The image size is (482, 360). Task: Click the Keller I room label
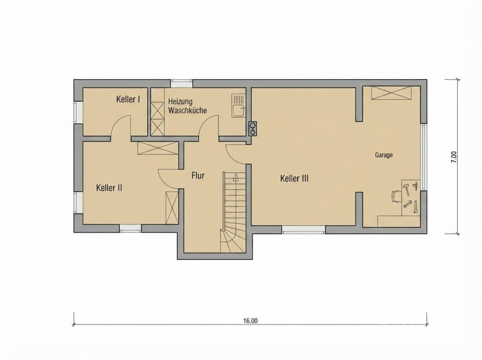click(x=128, y=99)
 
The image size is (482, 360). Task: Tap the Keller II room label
click(x=109, y=187)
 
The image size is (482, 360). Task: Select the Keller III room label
click(x=294, y=179)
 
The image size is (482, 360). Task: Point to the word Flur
click(x=198, y=176)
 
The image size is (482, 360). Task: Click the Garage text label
click(x=384, y=155)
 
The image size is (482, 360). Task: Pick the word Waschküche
click(x=187, y=111)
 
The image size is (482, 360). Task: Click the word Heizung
click(x=181, y=101)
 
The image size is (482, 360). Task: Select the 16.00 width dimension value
click(x=250, y=321)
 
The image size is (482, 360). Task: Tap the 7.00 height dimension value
click(x=454, y=157)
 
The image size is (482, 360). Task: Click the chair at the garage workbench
click(x=396, y=196)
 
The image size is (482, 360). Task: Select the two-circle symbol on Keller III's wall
click(x=253, y=128)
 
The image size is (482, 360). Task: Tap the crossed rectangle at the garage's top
click(x=391, y=93)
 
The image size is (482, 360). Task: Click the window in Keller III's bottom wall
click(x=303, y=229)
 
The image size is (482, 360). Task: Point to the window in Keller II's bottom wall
click(x=130, y=228)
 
